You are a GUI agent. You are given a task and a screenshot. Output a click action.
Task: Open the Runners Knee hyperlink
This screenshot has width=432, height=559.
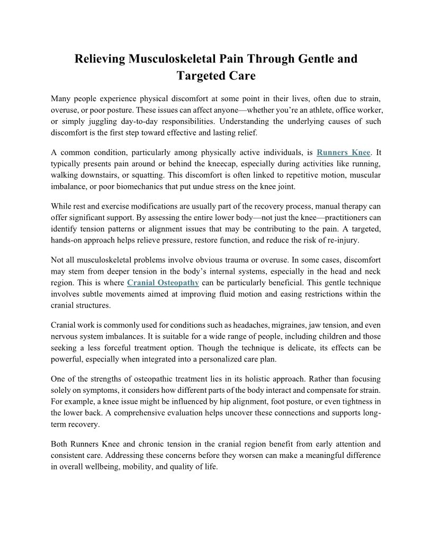[x=343, y=152]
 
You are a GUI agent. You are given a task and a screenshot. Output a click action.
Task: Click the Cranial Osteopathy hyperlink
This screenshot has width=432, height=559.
[x=163, y=283]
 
